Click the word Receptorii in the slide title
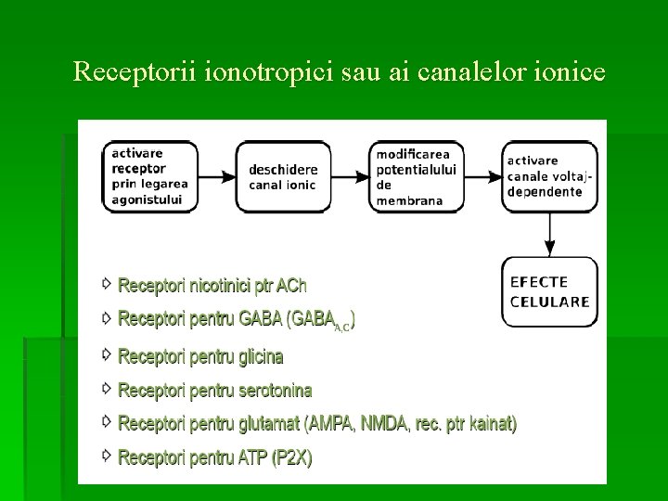(122, 71)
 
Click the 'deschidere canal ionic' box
(283, 176)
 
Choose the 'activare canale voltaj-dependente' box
(550, 176)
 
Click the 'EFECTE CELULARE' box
(550, 291)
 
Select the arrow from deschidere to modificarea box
(351, 176)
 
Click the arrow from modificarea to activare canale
(482, 176)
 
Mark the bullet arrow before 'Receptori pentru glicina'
(108, 354)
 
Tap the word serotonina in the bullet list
(276, 391)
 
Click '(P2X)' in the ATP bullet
(292, 457)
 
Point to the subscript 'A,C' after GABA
(341, 327)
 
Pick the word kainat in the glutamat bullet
(492, 424)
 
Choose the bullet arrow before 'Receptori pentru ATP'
(108, 456)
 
